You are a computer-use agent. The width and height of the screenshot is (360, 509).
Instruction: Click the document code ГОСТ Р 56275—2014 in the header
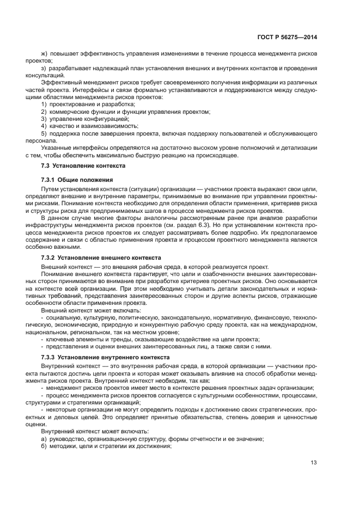click(286, 37)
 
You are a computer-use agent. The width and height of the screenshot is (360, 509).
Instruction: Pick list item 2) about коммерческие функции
click(125, 111)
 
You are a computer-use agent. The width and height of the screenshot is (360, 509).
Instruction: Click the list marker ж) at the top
click(45, 53)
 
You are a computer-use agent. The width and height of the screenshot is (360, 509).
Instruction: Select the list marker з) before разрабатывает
click(45, 68)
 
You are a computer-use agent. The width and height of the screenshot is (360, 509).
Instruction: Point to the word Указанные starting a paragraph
click(56, 148)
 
